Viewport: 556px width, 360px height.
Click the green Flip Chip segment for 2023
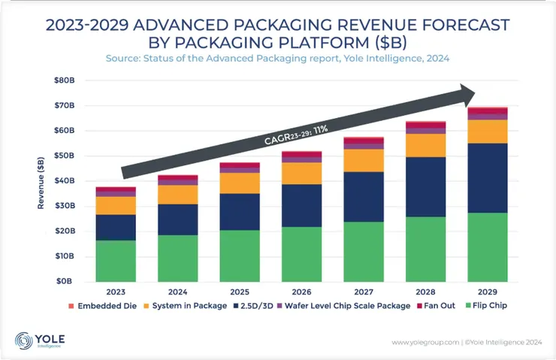[116, 260]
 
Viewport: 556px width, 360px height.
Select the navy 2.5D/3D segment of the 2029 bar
[488, 178]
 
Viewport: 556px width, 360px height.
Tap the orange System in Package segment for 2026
[302, 173]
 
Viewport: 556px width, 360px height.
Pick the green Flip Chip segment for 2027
[364, 251]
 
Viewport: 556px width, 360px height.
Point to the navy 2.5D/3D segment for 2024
[178, 219]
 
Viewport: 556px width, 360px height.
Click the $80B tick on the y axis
[65, 80]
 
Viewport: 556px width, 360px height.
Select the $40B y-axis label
[65, 180]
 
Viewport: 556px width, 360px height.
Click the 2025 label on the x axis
[240, 291]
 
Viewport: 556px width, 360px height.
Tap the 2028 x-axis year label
[426, 291]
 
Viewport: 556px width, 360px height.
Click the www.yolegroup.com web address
[424, 343]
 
